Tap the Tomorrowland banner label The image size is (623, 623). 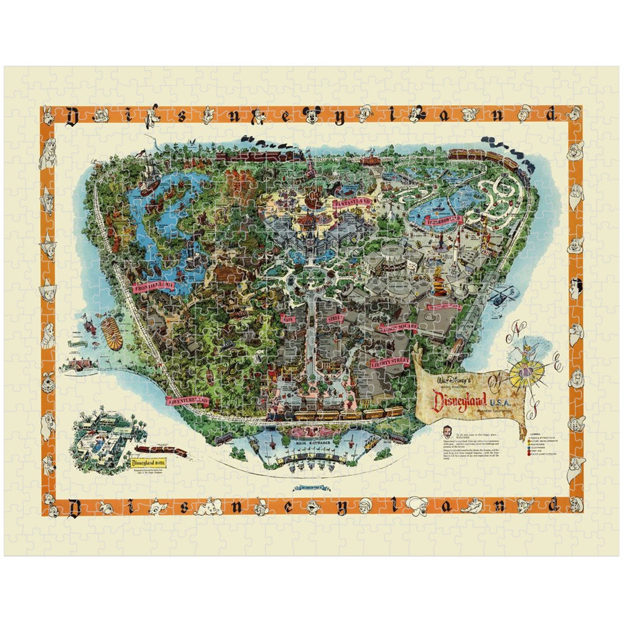(443, 220)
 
